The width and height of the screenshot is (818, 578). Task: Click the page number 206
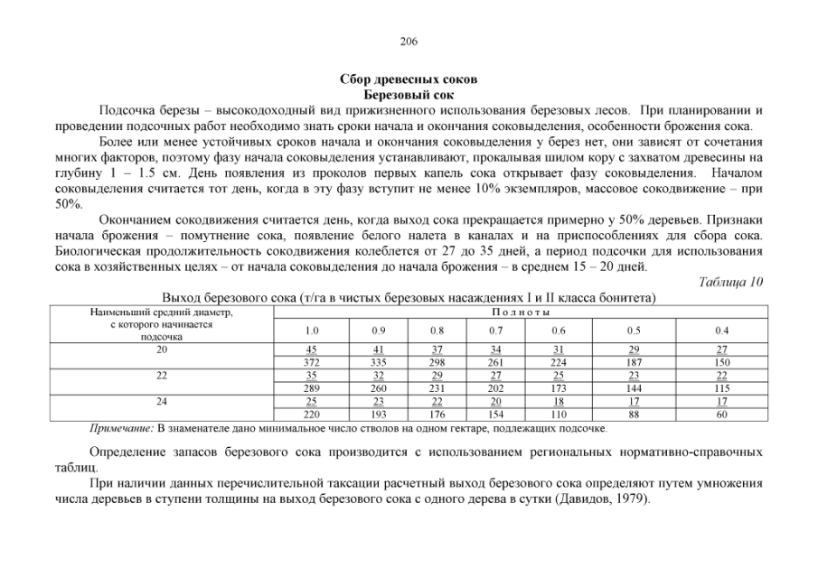[408, 42]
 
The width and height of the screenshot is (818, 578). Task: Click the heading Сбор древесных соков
[408, 80]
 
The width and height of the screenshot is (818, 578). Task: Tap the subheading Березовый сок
[408, 94]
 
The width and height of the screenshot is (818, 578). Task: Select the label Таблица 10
[731, 282]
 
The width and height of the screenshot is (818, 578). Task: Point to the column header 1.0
[311, 331]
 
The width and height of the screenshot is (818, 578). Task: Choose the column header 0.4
[721, 331]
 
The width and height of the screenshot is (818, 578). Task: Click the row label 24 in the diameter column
[162, 399]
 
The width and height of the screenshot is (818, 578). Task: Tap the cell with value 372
[311, 362]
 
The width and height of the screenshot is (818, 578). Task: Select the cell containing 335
[378, 362]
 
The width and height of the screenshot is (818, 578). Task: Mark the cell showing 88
[635, 414]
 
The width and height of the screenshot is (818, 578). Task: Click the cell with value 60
[721, 414]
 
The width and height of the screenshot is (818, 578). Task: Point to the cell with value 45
[311, 350]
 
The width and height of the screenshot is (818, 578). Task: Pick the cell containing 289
[311, 387]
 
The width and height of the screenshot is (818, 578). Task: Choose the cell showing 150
[721, 362]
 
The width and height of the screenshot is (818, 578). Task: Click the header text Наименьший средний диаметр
[162, 312]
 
